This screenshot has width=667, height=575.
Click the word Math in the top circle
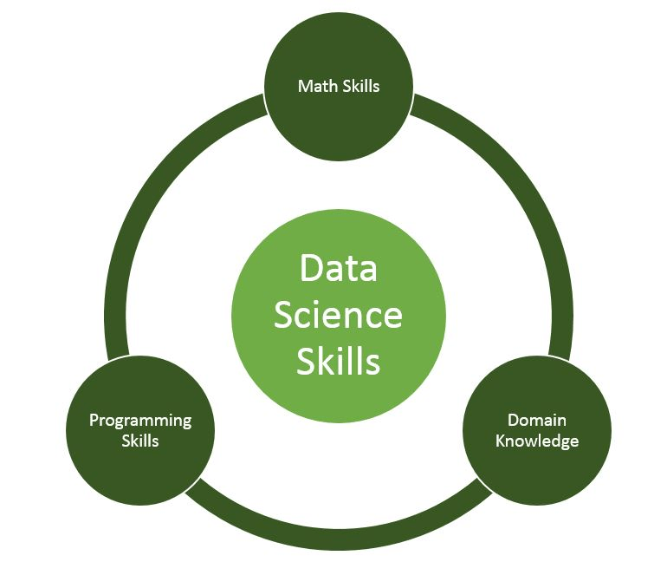[314, 86]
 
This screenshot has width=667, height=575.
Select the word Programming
[140, 421]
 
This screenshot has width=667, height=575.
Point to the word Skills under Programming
[140, 441]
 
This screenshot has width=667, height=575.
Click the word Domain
[536, 421]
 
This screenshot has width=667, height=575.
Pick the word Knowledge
[536, 441]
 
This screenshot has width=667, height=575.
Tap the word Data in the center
[338, 268]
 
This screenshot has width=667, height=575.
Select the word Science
[338, 315]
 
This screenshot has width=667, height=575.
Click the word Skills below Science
[338, 362]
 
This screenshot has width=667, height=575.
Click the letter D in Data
[309, 268]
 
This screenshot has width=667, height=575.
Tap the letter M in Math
[304, 86]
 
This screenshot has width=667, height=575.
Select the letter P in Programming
[94, 421]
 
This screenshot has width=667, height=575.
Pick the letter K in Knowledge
[500, 441]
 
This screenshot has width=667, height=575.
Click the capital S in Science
[283, 315]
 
